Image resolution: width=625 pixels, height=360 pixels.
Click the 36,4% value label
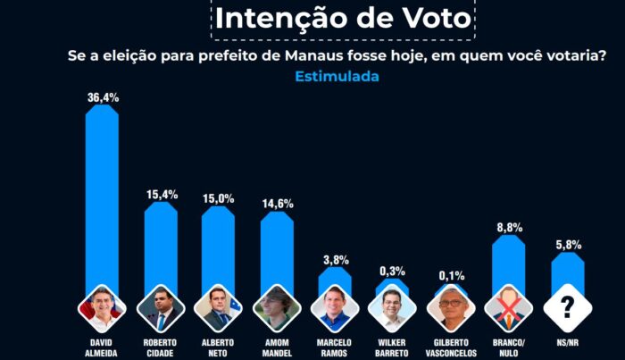(x=104, y=97)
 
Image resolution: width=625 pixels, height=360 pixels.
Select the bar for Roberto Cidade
(x=161, y=248)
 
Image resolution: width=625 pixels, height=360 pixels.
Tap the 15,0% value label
(x=219, y=198)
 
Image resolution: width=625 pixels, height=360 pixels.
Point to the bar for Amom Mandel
(x=277, y=253)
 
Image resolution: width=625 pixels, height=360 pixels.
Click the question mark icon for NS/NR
(x=568, y=308)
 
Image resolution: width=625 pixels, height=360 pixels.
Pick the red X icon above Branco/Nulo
(x=509, y=308)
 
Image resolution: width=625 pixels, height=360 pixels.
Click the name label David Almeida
(x=101, y=347)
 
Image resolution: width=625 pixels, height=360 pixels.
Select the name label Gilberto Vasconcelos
(x=451, y=347)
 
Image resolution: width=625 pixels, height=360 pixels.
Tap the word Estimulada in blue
(x=337, y=76)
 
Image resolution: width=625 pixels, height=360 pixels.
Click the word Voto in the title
(x=437, y=18)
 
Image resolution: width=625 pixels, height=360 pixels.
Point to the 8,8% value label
(x=510, y=227)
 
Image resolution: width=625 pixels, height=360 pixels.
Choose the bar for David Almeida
(x=102, y=199)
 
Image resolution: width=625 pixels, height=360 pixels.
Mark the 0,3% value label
(x=392, y=271)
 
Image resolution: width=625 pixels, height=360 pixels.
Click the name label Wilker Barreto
(x=392, y=347)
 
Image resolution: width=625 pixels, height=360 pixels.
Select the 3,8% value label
(x=336, y=260)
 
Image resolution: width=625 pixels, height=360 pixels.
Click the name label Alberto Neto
(x=218, y=347)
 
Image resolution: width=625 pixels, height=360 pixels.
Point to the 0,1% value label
(x=452, y=275)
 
